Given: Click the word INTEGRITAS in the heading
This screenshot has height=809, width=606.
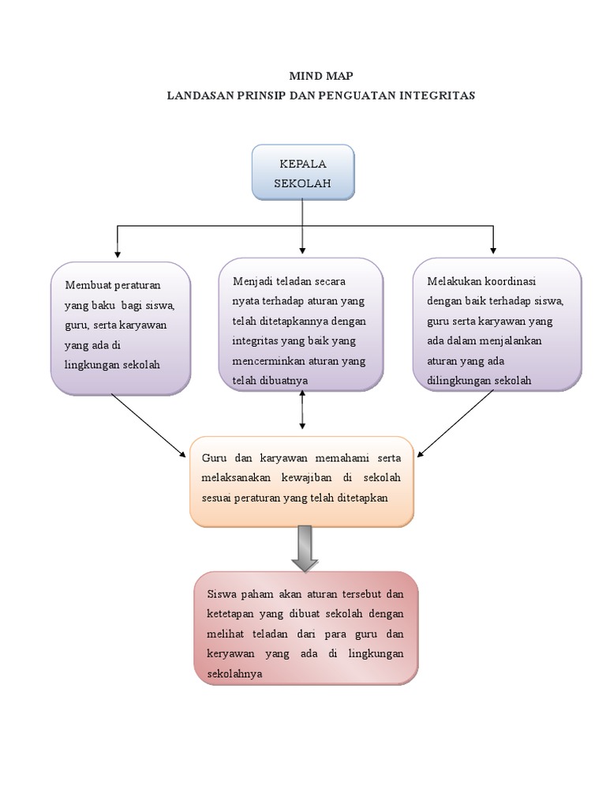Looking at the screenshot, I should pyautogui.click(x=439, y=95).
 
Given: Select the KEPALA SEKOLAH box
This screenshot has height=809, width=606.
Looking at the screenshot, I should pyautogui.click(x=302, y=173).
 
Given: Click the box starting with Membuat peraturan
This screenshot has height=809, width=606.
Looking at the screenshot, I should pyautogui.click(x=121, y=328).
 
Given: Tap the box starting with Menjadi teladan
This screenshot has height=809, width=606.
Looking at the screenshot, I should pyautogui.click(x=301, y=324).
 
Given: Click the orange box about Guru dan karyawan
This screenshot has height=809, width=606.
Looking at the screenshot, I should pyautogui.click(x=301, y=480).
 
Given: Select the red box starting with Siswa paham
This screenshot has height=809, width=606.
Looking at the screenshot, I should pyautogui.click(x=305, y=628).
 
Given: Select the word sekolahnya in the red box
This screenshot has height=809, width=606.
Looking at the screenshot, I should pyautogui.click(x=234, y=674).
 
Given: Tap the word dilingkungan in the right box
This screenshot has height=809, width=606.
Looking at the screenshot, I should pyautogui.click(x=458, y=380).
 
